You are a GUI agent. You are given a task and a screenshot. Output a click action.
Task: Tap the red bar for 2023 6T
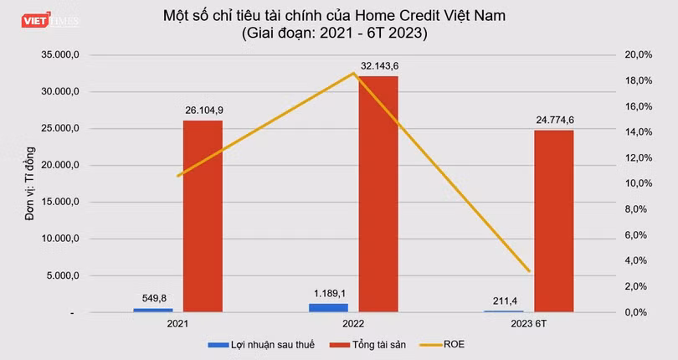coord(553,221)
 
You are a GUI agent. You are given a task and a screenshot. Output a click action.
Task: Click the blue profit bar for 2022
coord(328,308)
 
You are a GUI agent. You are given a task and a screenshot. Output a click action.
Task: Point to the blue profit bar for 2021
coord(152,310)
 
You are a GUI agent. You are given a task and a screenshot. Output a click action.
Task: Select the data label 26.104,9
coord(203,109)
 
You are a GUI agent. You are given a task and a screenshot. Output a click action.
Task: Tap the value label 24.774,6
coord(553,119)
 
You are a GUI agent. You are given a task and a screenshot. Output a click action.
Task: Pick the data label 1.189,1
coord(328,293)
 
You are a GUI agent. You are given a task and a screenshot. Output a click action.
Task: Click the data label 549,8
coord(152,297)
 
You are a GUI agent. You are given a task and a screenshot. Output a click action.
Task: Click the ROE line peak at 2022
coord(353,73)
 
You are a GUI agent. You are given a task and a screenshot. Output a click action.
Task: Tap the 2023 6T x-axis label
coord(529,323)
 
